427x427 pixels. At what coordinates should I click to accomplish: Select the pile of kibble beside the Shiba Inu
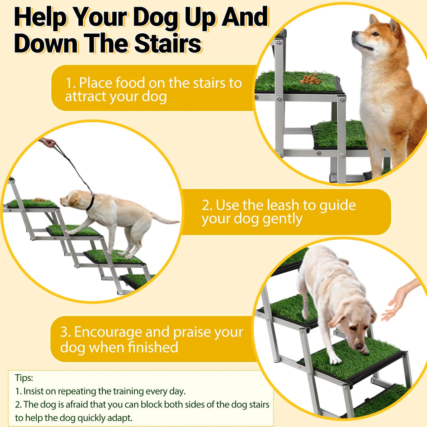click(310, 78)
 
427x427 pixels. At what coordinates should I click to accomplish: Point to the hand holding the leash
click(48, 143)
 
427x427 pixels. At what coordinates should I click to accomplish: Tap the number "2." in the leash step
click(207, 205)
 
